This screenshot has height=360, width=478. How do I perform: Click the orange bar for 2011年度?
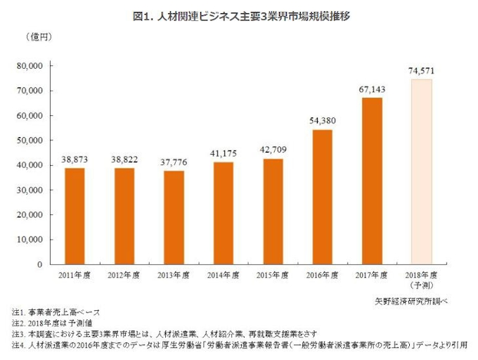coord(75,216)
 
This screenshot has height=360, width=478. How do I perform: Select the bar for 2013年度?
coord(174,217)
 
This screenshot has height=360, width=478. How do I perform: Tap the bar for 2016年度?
coord(323,197)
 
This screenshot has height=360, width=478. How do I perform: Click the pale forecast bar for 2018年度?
coord(422,172)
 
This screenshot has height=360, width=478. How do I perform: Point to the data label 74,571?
coord(422,70)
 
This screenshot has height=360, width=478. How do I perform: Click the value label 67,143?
coord(372,89)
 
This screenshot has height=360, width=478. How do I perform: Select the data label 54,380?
coord(323,121)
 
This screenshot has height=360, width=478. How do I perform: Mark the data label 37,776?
coord(174,162)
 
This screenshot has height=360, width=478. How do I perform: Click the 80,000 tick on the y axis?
coord(29,66)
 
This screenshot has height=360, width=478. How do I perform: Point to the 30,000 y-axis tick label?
coord(29,190)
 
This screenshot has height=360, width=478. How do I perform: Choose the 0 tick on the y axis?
coord(41,264)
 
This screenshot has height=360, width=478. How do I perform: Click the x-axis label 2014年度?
coord(224,276)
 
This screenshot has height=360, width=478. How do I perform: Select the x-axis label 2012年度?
coord(124,276)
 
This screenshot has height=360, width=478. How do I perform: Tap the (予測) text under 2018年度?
coord(422,286)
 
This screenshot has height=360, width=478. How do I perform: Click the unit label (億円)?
coord(36,35)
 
